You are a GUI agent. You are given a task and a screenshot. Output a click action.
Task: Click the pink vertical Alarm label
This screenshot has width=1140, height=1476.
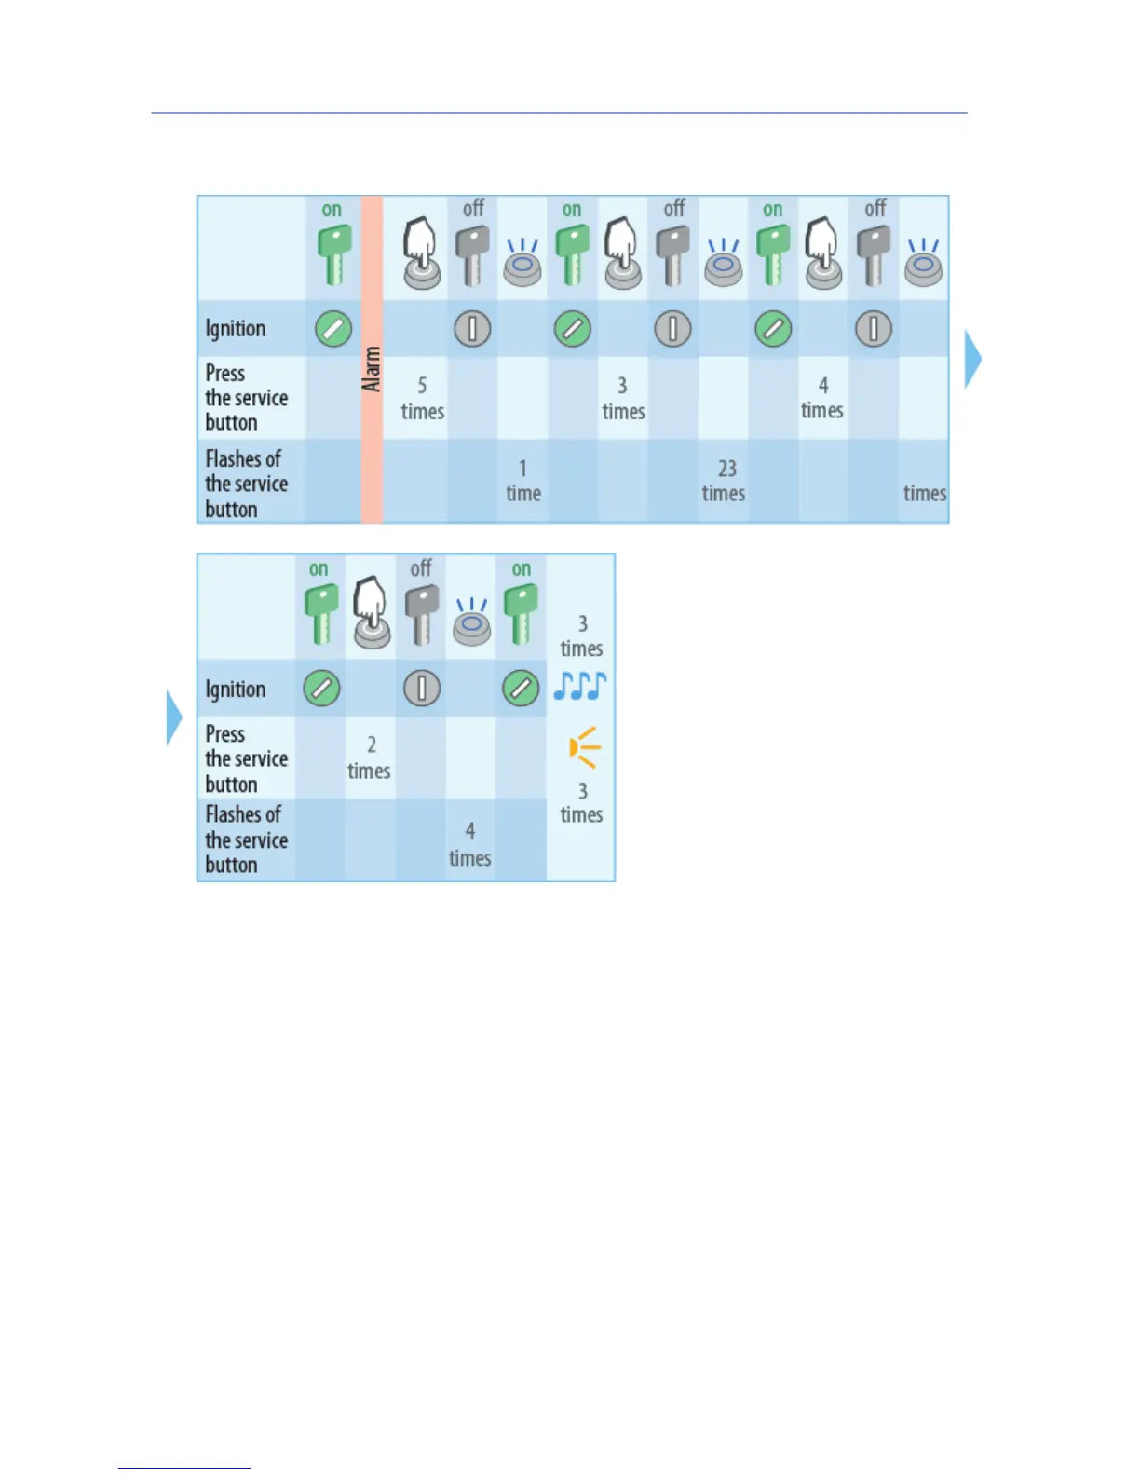tap(372, 368)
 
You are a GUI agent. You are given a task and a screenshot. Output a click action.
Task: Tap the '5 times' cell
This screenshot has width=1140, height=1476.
tap(422, 399)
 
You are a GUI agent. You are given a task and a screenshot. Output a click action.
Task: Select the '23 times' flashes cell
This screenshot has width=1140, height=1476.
tap(724, 481)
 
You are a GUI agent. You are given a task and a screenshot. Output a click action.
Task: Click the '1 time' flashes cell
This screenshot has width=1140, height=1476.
tap(522, 481)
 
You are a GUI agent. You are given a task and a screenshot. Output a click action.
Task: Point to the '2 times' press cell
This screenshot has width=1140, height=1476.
tap(370, 758)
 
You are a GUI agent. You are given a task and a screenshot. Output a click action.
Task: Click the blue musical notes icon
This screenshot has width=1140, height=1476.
tap(579, 687)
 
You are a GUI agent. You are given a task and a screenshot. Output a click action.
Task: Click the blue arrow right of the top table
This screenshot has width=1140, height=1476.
tap(972, 359)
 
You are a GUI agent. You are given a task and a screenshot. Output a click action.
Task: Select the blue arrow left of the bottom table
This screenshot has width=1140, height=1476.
tap(173, 717)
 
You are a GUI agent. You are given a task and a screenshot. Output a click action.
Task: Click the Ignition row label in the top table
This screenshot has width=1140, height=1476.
tap(236, 329)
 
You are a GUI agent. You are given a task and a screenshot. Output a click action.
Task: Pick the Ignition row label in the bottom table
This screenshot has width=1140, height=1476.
tap(236, 690)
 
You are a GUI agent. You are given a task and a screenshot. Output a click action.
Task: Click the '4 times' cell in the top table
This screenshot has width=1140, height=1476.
tap(822, 398)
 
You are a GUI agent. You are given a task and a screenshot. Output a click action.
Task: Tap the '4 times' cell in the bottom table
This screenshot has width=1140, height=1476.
tap(469, 844)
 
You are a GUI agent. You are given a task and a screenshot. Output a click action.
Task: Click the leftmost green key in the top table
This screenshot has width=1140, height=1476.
tap(333, 254)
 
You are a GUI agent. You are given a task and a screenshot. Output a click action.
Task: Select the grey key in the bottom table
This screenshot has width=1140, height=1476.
tap(421, 613)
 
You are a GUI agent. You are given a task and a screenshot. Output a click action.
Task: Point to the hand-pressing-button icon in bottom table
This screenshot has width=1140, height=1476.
tap(371, 612)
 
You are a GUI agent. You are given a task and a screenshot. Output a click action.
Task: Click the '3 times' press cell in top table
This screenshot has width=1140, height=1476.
tap(623, 399)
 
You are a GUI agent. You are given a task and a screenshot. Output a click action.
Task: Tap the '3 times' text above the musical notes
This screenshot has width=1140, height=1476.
tap(581, 635)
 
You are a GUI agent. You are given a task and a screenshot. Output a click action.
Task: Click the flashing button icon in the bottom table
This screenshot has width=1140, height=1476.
tap(471, 622)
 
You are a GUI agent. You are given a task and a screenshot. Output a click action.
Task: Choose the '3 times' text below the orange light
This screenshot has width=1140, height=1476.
tap(581, 802)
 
